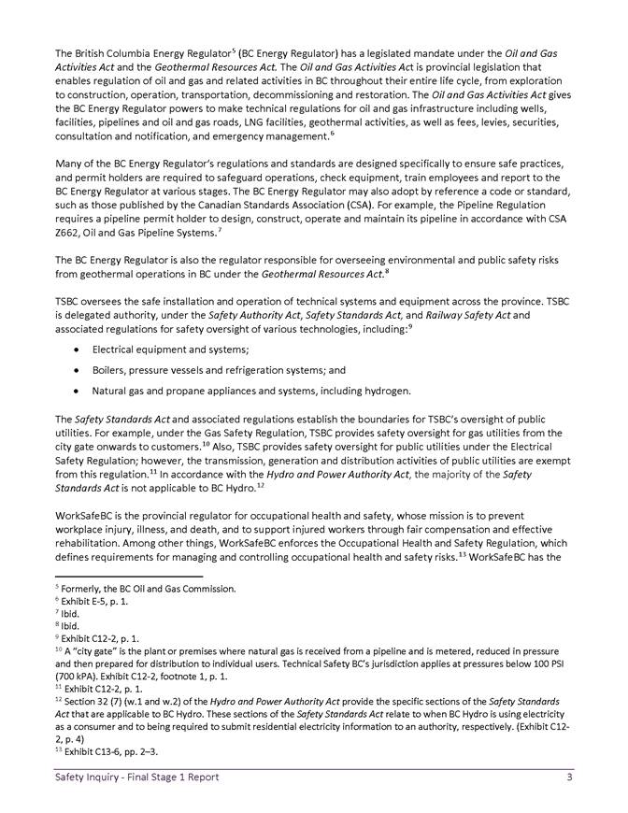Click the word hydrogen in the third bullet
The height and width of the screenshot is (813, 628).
[384, 390]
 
